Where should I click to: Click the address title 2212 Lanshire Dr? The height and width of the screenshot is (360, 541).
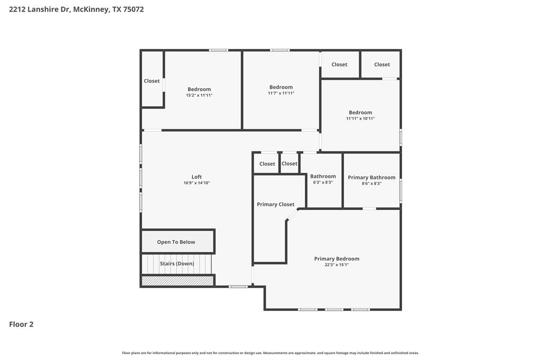76,9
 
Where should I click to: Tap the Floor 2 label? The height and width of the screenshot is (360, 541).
21,325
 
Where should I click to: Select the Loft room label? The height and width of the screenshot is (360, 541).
197,177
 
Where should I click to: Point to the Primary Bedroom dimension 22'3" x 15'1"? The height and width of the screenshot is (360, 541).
337,265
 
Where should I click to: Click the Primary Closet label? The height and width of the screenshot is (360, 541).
275,204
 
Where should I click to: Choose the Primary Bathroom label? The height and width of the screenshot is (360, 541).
371,177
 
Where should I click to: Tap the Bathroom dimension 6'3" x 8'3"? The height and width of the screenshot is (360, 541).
323,183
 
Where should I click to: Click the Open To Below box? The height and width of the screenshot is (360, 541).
176,242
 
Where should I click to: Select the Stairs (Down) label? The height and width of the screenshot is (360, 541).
177,263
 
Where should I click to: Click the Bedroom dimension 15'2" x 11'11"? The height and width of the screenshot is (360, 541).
199,96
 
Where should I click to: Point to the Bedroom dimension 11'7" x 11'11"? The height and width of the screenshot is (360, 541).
281,93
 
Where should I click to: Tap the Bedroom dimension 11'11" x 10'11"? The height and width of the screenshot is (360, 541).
360,119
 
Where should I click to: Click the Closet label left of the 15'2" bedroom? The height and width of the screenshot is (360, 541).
152,81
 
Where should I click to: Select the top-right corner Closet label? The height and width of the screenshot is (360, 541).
382,64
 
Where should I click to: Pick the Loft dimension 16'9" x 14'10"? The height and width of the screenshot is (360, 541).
197,183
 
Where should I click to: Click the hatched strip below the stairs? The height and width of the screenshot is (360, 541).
178,281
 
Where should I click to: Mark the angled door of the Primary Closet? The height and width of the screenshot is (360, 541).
292,215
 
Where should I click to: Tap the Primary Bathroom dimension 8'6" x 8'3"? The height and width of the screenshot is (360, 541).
371,184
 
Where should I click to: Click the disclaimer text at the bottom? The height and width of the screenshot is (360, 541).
270,353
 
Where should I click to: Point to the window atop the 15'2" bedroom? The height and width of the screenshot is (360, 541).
218,50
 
